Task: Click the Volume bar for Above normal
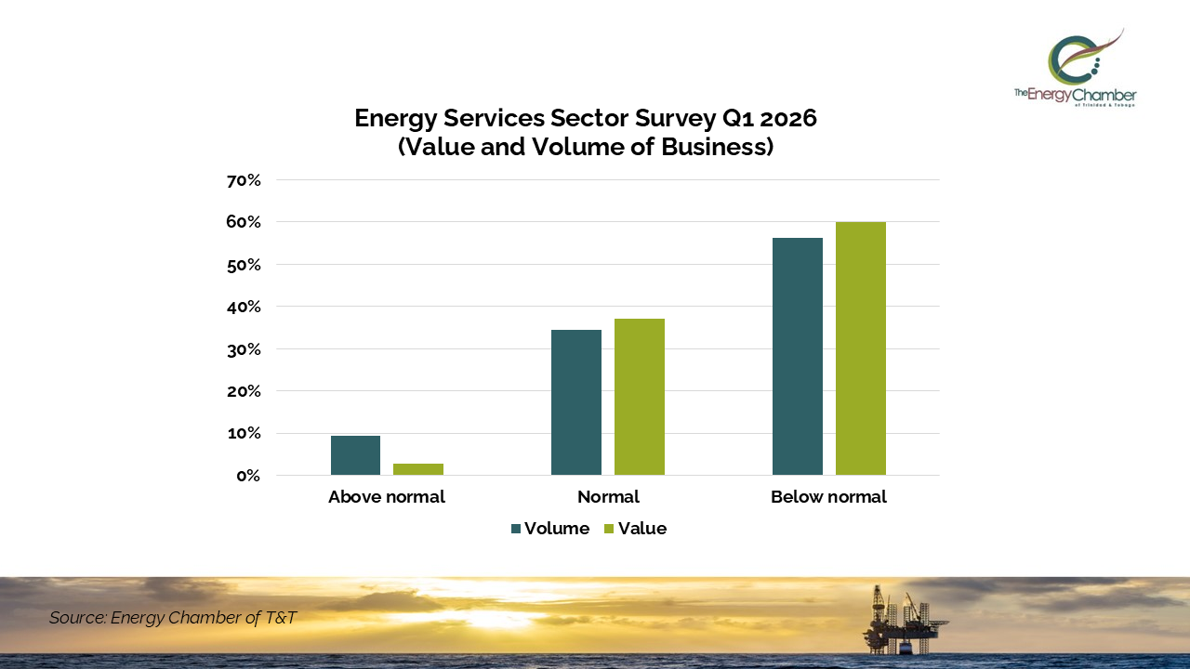point(355,455)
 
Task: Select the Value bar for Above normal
point(418,469)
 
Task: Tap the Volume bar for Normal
point(576,402)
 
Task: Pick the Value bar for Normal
point(640,397)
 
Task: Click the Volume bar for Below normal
point(798,357)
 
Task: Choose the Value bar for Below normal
point(861,348)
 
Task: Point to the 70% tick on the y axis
point(243,180)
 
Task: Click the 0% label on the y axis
point(247,476)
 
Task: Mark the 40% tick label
point(243,307)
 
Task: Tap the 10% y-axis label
point(243,434)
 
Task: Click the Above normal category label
point(387,497)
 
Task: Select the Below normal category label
point(828,497)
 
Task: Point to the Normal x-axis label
point(608,497)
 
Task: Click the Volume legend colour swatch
point(516,529)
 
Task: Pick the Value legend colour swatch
point(610,529)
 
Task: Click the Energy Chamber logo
point(1076,68)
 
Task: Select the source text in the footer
point(173,618)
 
